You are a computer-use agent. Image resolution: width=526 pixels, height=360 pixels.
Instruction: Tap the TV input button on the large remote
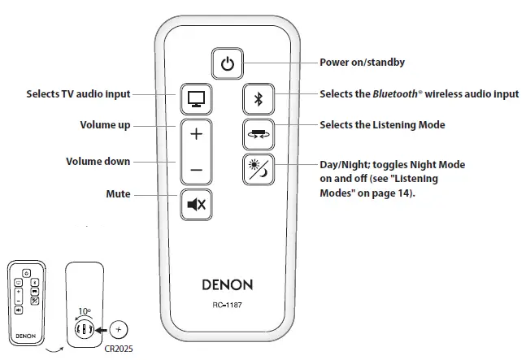tap(195, 99)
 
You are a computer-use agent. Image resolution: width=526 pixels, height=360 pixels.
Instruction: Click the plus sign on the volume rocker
tap(195, 133)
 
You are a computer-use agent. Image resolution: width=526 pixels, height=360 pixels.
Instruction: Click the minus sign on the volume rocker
tap(195, 170)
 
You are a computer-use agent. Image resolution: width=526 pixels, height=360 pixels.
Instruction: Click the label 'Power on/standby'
tap(362, 62)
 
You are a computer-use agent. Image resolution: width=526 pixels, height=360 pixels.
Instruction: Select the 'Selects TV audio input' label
tap(79, 94)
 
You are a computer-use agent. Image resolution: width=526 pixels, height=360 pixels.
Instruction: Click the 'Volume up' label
tap(105, 125)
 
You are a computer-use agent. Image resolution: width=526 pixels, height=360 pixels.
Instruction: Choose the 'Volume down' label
tap(98, 161)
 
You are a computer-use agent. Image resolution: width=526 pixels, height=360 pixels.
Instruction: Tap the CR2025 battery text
tap(121, 349)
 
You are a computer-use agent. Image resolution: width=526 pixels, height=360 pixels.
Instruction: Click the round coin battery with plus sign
tap(119, 330)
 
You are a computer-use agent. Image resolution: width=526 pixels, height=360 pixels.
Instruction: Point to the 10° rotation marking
tap(84, 311)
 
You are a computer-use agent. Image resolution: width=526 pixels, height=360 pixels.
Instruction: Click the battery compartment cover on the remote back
tap(85, 329)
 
